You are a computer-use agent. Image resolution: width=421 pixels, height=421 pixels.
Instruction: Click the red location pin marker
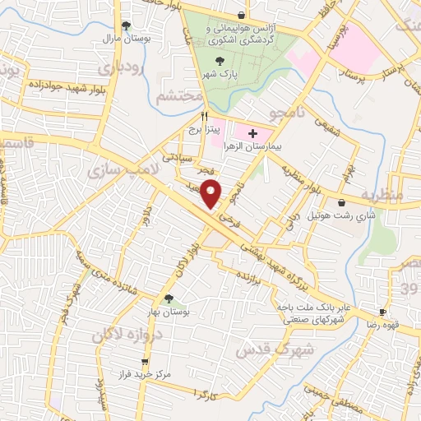tap(212, 192)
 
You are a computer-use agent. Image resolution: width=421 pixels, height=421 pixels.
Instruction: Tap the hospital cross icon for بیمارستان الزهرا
tap(252, 133)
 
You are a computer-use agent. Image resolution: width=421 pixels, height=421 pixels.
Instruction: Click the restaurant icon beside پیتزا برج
tap(204, 116)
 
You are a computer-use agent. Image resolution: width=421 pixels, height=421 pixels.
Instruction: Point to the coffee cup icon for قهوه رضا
tap(382, 312)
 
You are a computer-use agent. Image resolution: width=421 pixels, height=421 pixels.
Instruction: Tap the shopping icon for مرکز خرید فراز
tap(145, 362)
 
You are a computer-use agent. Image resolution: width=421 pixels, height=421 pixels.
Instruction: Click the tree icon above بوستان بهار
tap(169, 298)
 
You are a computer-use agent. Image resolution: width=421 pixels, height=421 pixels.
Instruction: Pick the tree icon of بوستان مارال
tap(125, 25)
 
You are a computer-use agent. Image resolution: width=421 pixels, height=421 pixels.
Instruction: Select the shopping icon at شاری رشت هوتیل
tap(341, 202)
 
